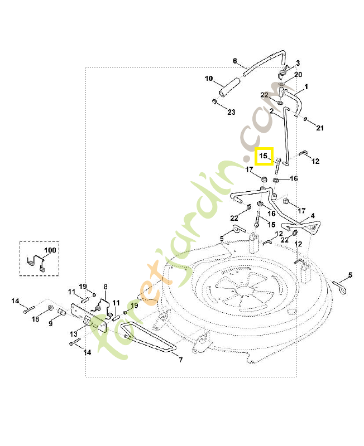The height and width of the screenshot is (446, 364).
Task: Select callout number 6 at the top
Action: coord(234,60)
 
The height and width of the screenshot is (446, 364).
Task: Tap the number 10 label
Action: coord(208,79)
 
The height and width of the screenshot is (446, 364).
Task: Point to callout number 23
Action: coord(231,112)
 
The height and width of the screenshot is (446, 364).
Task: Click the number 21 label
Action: coord(320,128)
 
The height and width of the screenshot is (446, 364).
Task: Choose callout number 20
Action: coord(298,75)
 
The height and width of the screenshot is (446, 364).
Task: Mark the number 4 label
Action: coord(312,215)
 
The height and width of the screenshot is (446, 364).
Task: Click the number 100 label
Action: coord(50,250)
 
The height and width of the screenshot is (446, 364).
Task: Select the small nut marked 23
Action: coord(214,102)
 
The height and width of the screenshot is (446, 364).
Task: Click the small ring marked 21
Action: coord(306,119)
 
